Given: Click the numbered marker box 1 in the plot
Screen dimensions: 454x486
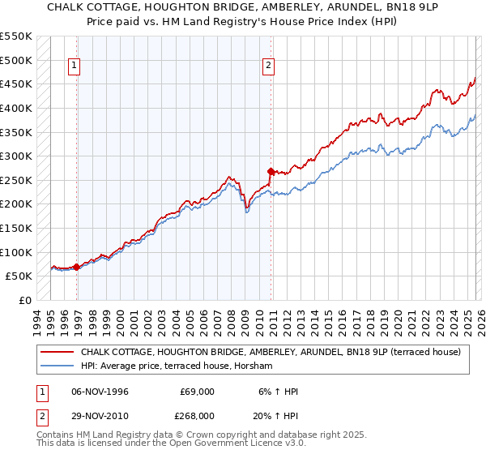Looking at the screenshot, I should click(x=74, y=66).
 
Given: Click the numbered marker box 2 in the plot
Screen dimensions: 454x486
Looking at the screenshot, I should click(x=268, y=66).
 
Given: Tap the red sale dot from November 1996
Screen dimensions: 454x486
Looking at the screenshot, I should click(x=77, y=266).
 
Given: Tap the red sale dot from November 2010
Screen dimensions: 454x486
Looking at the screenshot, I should click(x=271, y=171).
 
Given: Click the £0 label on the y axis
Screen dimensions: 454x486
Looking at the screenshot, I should click(x=25, y=300).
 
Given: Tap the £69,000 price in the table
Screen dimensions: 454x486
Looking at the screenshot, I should click(x=197, y=392).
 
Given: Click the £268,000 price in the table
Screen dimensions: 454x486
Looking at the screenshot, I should click(x=197, y=416).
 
